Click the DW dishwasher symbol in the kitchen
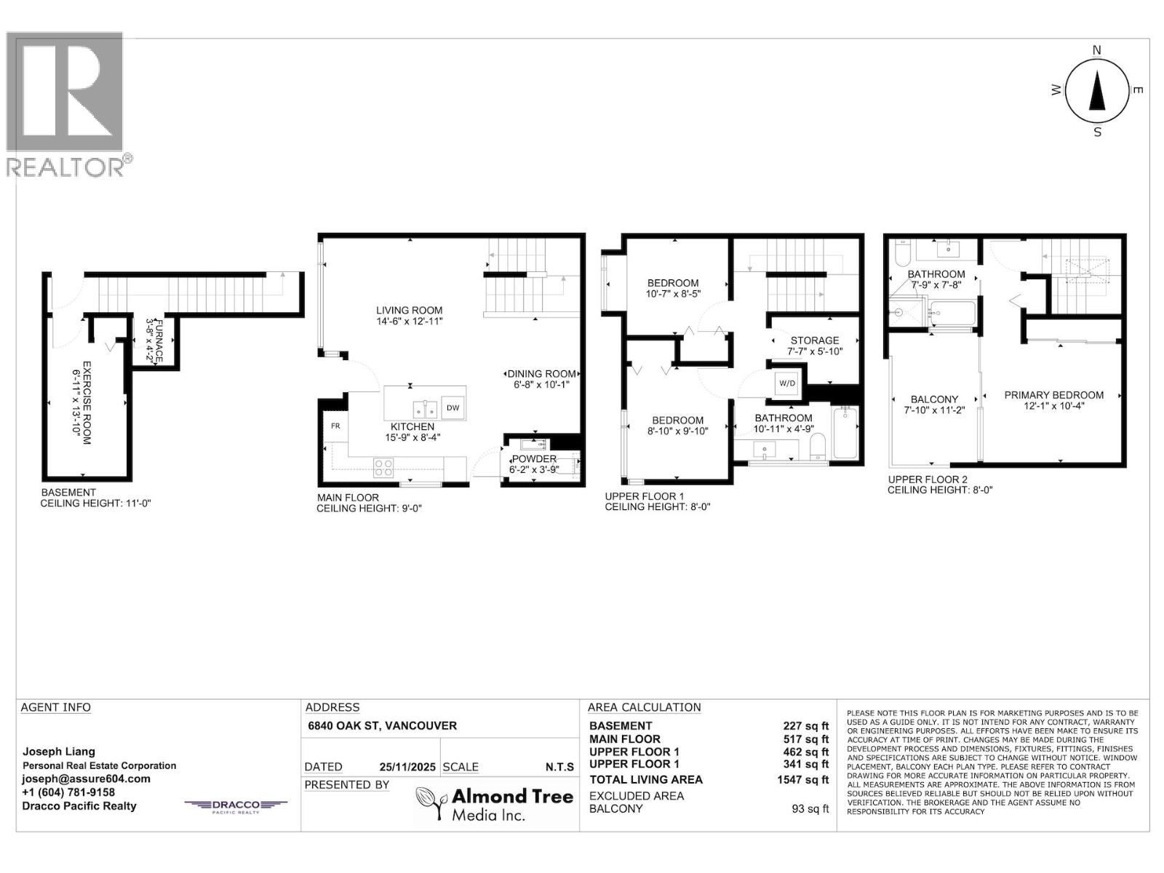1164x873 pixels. click(453, 407)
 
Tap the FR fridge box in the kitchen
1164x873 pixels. click(335, 426)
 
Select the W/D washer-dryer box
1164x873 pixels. click(787, 383)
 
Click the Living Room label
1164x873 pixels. click(409, 316)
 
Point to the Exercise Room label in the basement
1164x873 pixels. click(81, 403)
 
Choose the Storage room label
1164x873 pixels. click(815, 346)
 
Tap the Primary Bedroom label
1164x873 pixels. click(1053, 400)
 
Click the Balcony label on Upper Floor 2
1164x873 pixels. click(934, 404)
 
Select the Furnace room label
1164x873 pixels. click(155, 340)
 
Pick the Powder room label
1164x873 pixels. click(534, 464)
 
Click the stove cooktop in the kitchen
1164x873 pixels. click(383, 468)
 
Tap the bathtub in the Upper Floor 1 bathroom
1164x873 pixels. click(845, 433)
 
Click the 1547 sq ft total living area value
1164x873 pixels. click(802, 780)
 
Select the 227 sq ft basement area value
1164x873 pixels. click(805, 726)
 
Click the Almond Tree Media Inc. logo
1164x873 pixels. click(495, 804)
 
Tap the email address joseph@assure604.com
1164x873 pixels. click(86, 779)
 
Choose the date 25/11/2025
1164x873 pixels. click(407, 767)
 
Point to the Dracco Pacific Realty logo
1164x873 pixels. click(236, 805)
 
